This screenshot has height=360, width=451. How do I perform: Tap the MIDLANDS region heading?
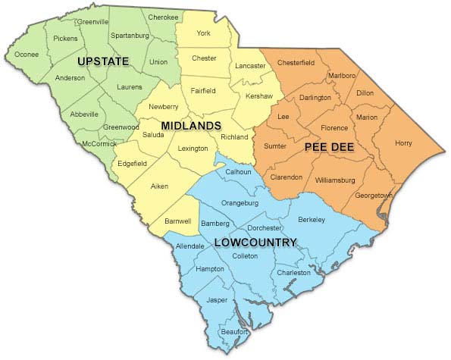(x=190, y=125)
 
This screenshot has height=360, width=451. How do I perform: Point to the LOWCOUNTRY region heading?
(x=255, y=243)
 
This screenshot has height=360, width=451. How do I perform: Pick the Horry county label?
(x=404, y=142)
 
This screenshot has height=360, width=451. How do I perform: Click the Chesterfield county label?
(x=296, y=62)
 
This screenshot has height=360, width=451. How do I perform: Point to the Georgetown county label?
(x=373, y=196)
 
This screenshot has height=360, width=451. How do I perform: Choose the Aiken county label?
(x=159, y=186)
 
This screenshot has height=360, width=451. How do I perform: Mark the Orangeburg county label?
(x=240, y=203)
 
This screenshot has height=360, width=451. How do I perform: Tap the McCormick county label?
(x=100, y=144)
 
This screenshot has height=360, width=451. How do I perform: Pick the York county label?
(x=203, y=33)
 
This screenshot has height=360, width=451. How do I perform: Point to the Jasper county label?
(x=217, y=300)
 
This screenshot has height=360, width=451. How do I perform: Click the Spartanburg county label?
(x=130, y=36)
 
